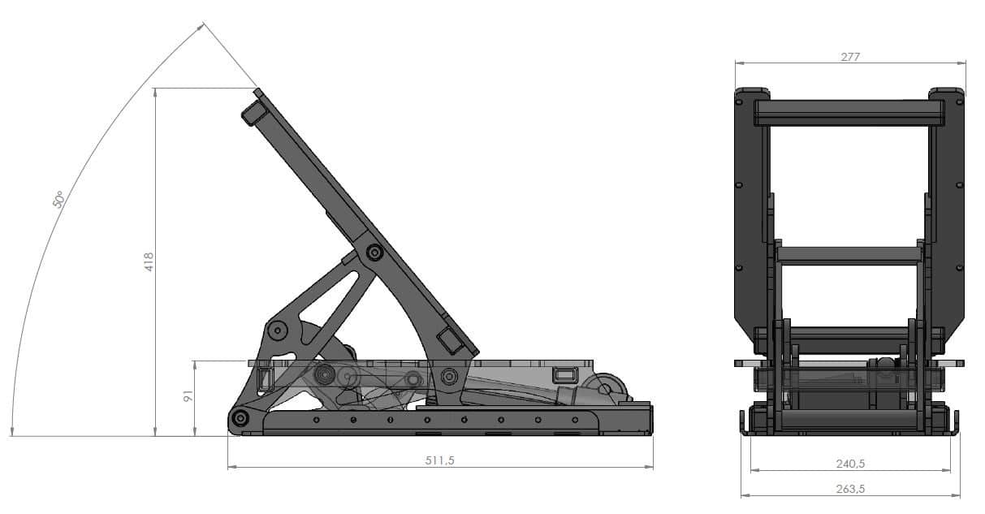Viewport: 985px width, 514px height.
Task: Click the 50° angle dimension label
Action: [58, 199]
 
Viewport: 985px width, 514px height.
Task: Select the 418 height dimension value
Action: [149, 261]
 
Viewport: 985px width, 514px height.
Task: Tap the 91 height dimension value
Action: [187, 397]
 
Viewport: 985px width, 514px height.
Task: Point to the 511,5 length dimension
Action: [439, 460]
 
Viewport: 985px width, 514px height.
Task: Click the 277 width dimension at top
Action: [850, 56]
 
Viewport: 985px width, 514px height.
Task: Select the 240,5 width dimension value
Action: [850, 464]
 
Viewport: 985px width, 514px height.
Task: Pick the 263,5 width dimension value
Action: [850, 489]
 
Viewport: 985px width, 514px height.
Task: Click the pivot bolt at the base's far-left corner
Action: [240, 419]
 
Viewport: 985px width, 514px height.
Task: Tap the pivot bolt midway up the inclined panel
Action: [374, 253]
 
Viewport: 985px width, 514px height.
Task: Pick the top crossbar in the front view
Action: [849, 113]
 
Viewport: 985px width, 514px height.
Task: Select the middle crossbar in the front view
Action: [849, 255]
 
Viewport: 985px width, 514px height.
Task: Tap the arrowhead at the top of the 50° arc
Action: [201, 27]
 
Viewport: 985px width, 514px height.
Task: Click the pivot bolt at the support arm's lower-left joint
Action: [278, 330]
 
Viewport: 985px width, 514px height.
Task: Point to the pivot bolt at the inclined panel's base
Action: [448, 376]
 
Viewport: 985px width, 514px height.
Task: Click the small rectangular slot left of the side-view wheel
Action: [564, 374]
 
